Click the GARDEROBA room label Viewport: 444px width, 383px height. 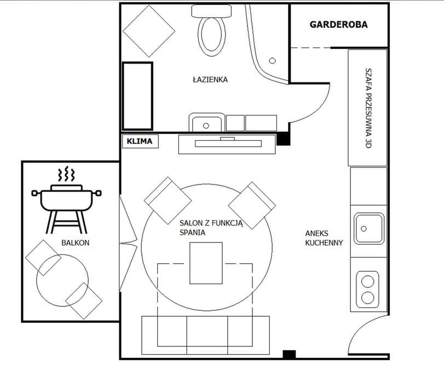[339, 25]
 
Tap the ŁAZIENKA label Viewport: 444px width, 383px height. [210, 79]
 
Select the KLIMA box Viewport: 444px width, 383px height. [140, 141]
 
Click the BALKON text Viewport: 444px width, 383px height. [76, 242]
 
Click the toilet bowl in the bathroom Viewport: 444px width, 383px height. [211, 36]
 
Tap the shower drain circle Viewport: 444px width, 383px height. [273, 61]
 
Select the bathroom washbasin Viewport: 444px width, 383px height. [207, 123]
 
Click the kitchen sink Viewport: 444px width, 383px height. [369, 229]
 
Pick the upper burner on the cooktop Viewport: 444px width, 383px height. [368, 282]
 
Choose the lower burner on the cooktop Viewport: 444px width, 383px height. [368, 298]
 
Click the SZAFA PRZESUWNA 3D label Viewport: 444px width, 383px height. [368, 108]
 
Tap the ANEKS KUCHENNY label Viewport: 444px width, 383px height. [324, 238]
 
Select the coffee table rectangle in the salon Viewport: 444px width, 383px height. [206, 263]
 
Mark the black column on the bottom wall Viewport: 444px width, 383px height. [290, 354]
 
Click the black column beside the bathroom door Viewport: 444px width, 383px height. [283, 139]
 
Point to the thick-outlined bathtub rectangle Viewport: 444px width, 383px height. [137, 96]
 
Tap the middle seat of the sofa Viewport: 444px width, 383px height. [207, 335]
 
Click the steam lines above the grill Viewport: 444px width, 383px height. [67, 174]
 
